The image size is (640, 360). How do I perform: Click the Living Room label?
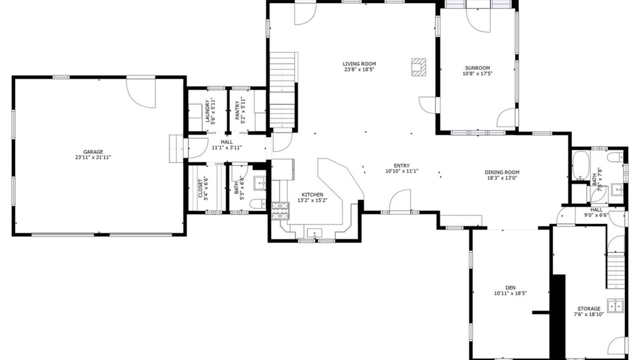tap(359, 63)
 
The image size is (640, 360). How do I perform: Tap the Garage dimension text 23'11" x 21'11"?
tap(93, 157)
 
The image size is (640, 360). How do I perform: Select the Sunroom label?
tap(477, 68)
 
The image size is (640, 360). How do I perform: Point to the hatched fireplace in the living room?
tap(418, 67)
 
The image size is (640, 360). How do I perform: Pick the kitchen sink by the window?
tap(314, 233)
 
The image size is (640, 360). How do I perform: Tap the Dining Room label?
tap(502, 172)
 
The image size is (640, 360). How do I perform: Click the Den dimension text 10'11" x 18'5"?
tap(510, 293)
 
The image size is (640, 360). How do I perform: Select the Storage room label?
tap(589, 309)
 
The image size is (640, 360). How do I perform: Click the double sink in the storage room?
tap(615, 306)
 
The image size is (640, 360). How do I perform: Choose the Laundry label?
tap(207, 111)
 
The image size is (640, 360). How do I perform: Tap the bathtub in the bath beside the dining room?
tap(581, 165)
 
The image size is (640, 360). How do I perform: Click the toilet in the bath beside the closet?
tap(257, 204)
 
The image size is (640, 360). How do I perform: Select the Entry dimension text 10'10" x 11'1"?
tap(401, 171)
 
